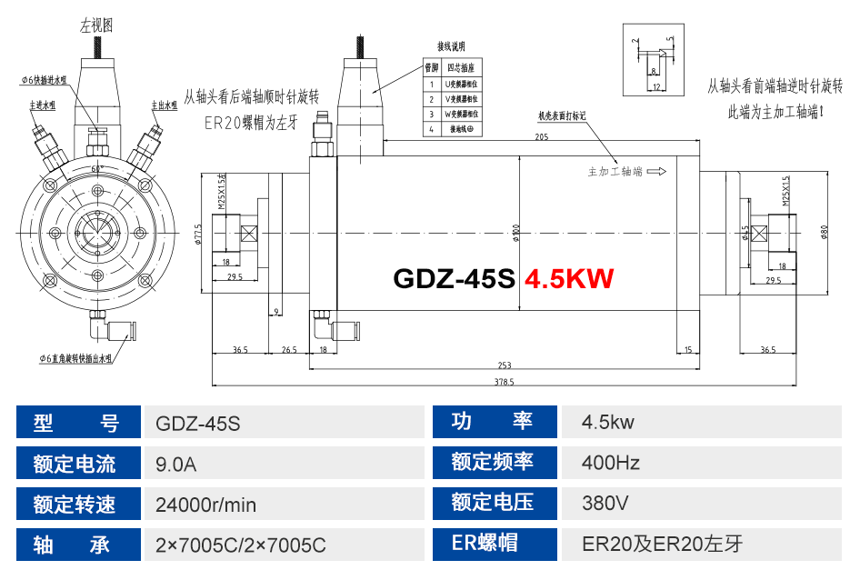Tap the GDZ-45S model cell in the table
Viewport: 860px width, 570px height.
point(198,422)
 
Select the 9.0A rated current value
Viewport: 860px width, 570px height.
point(176,464)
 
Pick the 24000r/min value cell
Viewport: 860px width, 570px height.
point(206,505)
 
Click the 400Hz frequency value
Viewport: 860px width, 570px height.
point(611,464)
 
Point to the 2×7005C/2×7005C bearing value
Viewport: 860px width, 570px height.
point(241,545)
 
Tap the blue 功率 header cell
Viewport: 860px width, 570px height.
point(492,422)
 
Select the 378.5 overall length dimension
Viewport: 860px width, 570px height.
point(505,382)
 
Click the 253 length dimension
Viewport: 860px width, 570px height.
point(505,365)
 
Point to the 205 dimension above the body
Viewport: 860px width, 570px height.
point(542,137)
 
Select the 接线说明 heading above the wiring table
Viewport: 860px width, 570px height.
point(451,46)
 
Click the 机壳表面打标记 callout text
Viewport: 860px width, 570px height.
point(562,116)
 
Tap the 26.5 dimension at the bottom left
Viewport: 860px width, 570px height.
point(289,349)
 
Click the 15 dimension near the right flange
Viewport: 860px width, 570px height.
point(688,349)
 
